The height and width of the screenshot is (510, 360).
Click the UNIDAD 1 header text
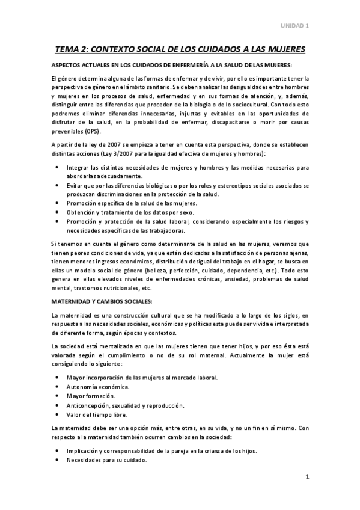(x=296, y=26)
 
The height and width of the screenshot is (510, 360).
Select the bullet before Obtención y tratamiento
(x=56, y=212)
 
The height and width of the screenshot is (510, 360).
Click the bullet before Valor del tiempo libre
(x=56, y=414)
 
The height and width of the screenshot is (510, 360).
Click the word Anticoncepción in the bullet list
(x=91, y=405)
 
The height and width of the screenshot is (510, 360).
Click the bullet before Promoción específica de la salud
(x=56, y=203)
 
